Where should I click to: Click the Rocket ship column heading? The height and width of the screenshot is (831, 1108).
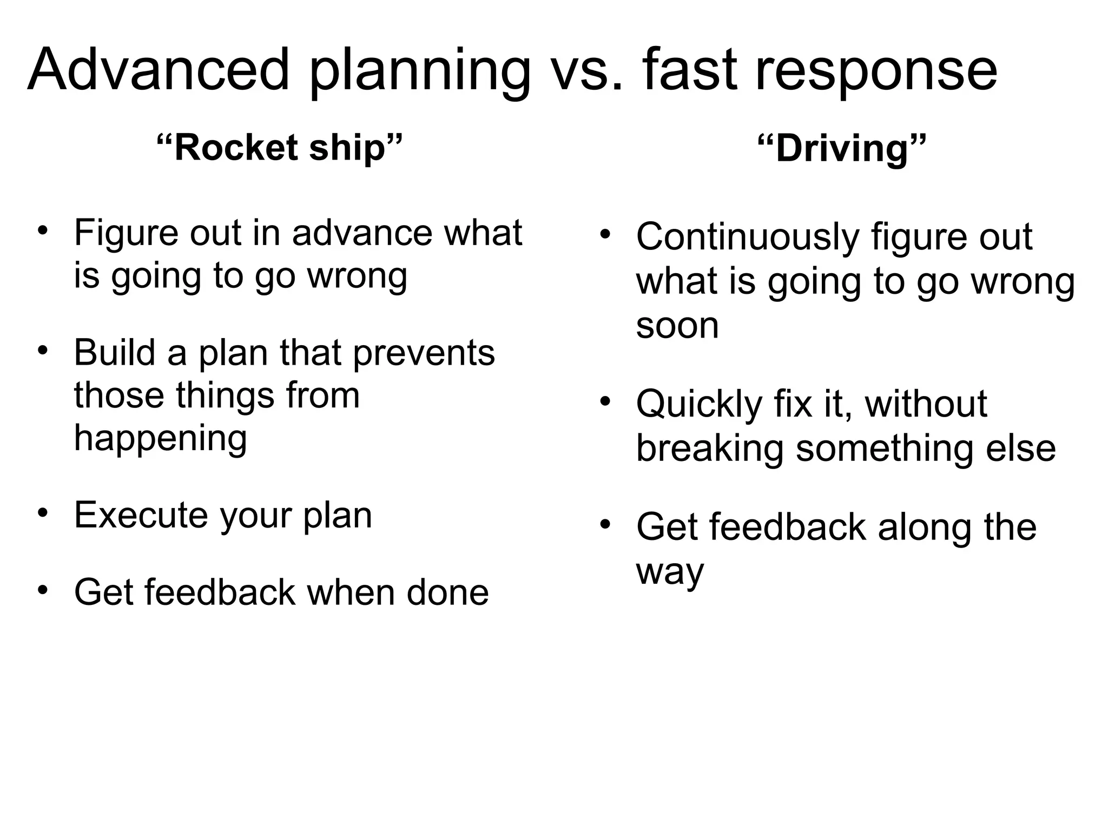(x=279, y=147)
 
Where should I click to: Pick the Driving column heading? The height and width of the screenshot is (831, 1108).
(x=842, y=148)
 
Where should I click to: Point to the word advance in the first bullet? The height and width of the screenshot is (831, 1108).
(x=362, y=233)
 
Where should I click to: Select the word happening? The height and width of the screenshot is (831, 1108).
(x=161, y=438)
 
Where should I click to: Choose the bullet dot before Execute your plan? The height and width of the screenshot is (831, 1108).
(x=43, y=512)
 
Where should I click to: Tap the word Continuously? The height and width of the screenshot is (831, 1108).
(x=747, y=237)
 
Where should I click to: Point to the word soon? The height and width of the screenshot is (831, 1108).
(x=677, y=325)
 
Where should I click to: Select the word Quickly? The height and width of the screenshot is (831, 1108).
(x=698, y=404)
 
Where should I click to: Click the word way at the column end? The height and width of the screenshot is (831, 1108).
(x=670, y=571)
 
